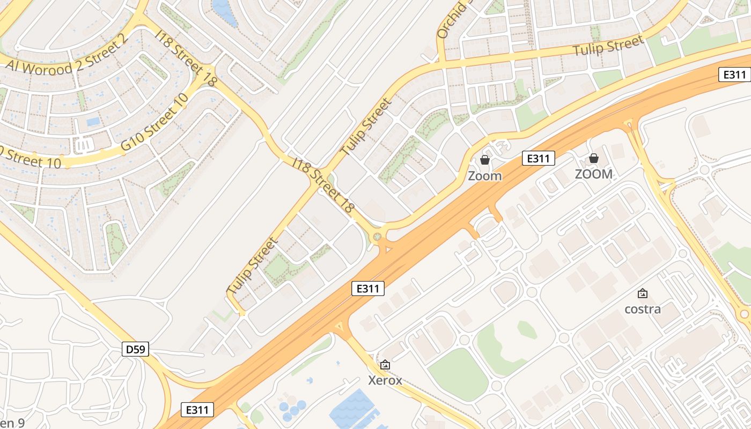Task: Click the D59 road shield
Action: coord(135,350)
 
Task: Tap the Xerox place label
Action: coord(385,380)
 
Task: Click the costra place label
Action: coord(643,309)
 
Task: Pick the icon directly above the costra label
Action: coord(643,293)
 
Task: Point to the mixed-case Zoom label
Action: coord(484,175)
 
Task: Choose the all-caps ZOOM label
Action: coord(593,174)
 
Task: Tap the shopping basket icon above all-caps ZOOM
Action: coord(593,158)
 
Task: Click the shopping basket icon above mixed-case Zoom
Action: coord(484,160)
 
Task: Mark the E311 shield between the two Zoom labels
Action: coord(539,158)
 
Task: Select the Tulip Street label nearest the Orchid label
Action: coord(608,47)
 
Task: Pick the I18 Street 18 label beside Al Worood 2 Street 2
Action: coord(187,58)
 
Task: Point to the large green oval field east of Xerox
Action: coord(459,374)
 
